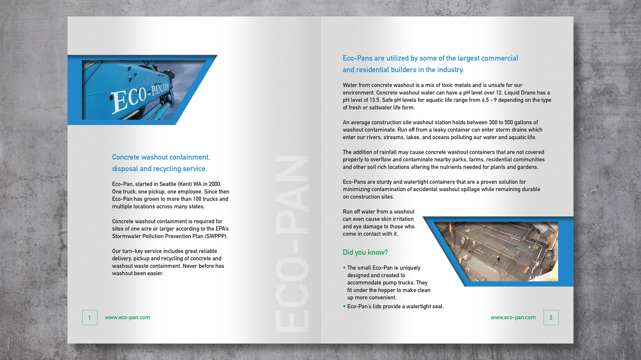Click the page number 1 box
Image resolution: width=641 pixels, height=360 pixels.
click(x=90, y=318)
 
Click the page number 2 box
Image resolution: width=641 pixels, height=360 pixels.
click(x=551, y=318)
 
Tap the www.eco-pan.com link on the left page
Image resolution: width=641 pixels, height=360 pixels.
click(x=127, y=318)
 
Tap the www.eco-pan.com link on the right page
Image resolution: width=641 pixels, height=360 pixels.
click(x=513, y=318)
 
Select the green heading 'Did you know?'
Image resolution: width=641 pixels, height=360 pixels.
click(x=365, y=252)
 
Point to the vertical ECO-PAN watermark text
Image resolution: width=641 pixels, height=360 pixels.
click(x=292, y=244)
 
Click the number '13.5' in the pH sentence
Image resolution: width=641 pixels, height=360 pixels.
click(x=375, y=100)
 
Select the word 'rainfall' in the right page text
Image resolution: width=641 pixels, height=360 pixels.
click(x=386, y=152)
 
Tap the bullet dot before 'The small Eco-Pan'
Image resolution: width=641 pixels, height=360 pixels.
click(x=344, y=268)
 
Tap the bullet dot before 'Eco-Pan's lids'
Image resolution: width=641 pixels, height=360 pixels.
click(x=344, y=306)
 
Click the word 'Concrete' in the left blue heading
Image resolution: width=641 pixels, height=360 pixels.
click(x=125, y=157)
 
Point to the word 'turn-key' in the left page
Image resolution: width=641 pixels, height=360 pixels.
click(x=132, y=251)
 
